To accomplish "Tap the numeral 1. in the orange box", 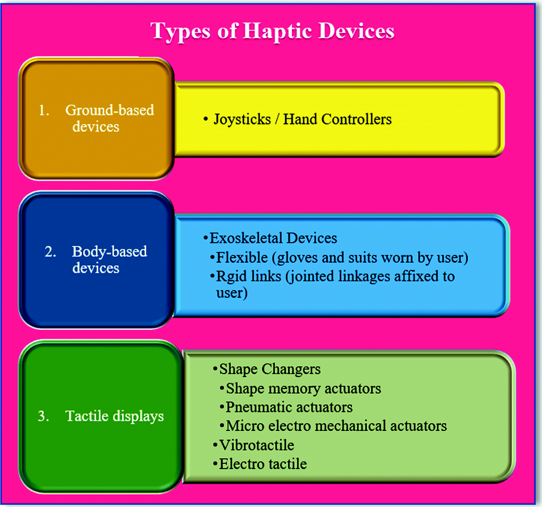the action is [x=44, y=111].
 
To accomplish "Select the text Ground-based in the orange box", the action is [x=110, y=110].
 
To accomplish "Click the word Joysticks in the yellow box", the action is [x=242, y=120].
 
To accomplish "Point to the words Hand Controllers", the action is [x=337, y=119].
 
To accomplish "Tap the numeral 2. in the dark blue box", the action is [x=50, y=252].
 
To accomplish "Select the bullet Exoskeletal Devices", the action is [x=270, y=238].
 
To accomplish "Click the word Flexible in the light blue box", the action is [x=241, y=258].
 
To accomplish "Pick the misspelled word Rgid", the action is [x=231, y=276].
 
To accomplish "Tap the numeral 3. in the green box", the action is [x=43, y=416].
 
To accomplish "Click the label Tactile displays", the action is [x=114, y=417].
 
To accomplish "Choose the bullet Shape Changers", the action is [x=267, y=369].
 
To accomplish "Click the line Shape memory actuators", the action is [x=300, y=389].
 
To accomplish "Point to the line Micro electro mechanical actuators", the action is [x=333, y=426].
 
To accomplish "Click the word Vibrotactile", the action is [x=257, y=445].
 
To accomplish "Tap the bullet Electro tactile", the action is [x=260, y=464].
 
